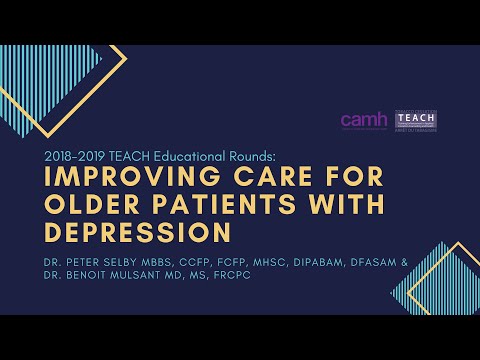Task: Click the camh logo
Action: [363, 120]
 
